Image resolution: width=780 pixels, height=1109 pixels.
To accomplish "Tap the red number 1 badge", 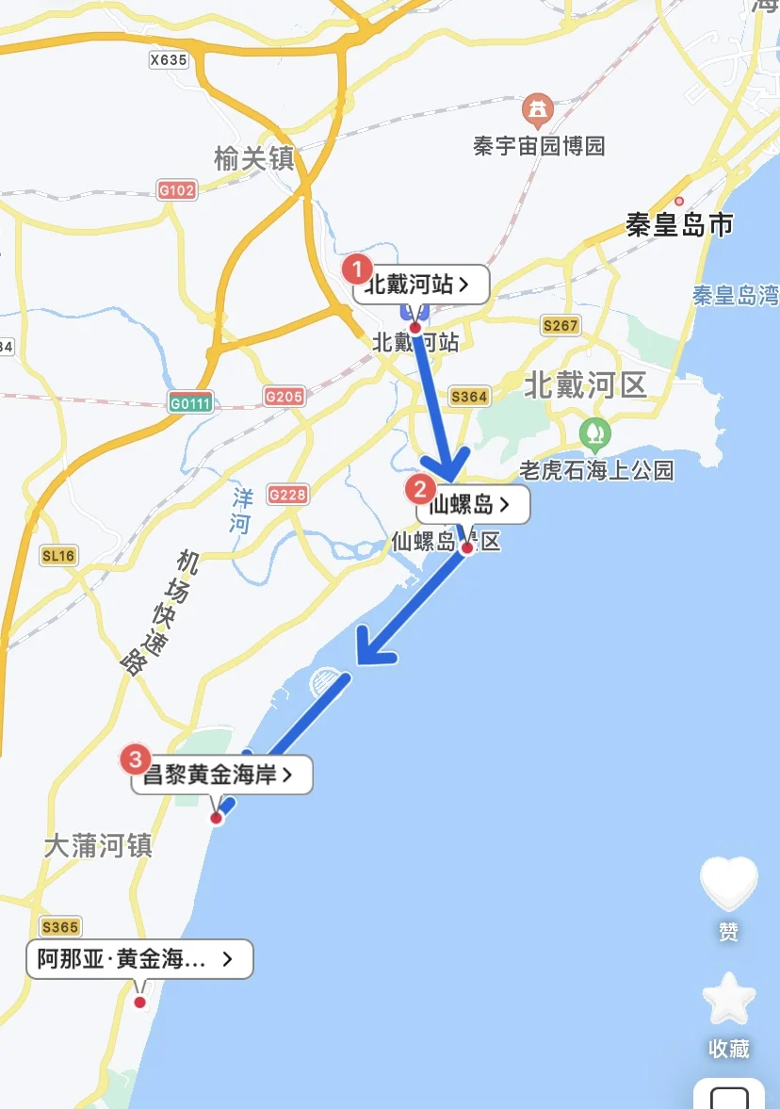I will point(356,269).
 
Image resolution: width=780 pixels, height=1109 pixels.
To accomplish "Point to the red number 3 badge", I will point(138,758).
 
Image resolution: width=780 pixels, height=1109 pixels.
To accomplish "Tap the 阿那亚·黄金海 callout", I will point(139,959).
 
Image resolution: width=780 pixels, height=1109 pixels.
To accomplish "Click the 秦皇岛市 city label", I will point(679,225).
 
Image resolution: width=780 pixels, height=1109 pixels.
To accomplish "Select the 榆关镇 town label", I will point(254,158).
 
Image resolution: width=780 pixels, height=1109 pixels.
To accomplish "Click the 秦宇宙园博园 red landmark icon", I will point(537,111).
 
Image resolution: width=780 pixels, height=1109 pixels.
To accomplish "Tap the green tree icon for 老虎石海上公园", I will point(594,434).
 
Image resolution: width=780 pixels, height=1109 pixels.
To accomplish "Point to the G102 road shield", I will point(176,190).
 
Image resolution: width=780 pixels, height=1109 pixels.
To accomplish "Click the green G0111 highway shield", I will point(191,403).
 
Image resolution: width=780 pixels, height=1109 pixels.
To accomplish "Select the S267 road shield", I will point(561,326).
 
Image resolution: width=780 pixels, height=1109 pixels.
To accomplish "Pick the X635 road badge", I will point(169,59).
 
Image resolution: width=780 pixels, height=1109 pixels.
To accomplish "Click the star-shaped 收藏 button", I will point(729,1001).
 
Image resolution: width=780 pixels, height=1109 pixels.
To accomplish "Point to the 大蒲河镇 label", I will point(98,845).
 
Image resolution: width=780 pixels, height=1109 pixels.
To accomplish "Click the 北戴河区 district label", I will point(586,384).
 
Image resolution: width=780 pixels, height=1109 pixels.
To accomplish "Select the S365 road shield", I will point(59,926).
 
